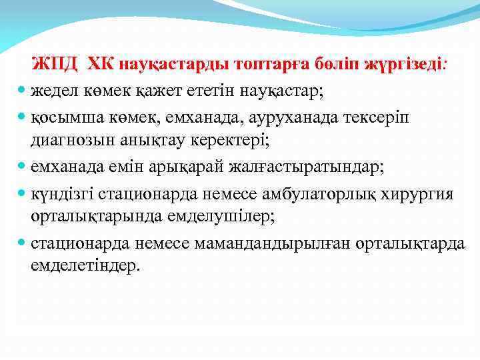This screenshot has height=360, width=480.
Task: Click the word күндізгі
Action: (62, 194)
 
